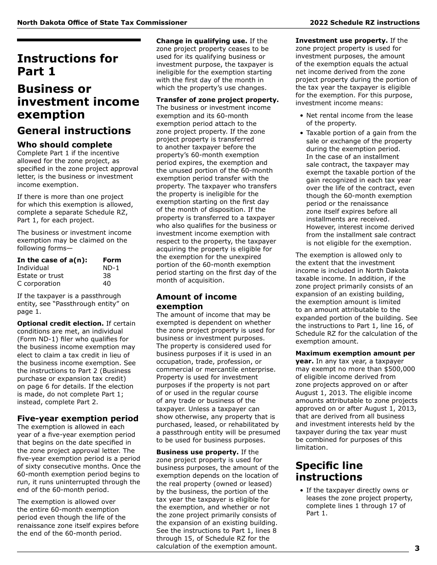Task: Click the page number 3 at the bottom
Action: tap(417, 548)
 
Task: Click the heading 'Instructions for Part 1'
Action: tap(68, 65)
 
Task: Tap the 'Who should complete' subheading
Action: tap(64, 145)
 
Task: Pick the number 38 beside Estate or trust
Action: tap(107, 276)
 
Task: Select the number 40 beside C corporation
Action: tap(107, 283)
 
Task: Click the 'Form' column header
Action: tap(112, 260)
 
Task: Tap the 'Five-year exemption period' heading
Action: tap(78, 418)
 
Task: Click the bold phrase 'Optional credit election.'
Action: tap(60, 323)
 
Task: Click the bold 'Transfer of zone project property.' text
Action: tap(217, 100)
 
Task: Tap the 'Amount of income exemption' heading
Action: tap(196, 301)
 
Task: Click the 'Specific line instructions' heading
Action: tap(329, 471)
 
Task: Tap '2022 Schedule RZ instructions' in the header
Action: tap(364, 23)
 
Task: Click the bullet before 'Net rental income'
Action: tap(301, 116)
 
